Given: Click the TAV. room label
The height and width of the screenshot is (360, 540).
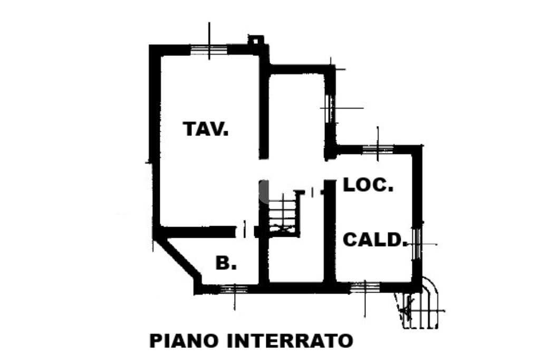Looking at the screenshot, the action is [206, 129].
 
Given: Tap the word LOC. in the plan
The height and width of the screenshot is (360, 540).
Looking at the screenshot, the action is [368, 185].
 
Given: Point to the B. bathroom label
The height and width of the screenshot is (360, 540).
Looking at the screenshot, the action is [226, 264].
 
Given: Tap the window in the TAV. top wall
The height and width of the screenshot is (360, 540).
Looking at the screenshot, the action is [209, 50].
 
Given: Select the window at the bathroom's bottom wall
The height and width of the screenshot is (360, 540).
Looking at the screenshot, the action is [234, 289].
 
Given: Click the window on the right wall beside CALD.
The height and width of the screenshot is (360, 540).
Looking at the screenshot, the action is [417, 243].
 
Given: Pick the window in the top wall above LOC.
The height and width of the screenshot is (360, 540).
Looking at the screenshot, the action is [378, 149].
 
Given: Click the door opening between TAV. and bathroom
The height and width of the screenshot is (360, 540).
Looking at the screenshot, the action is [245, 230].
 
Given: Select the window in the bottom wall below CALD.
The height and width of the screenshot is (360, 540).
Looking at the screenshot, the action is [365, 287].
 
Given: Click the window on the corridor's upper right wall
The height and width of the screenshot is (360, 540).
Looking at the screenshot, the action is [331, 108].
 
